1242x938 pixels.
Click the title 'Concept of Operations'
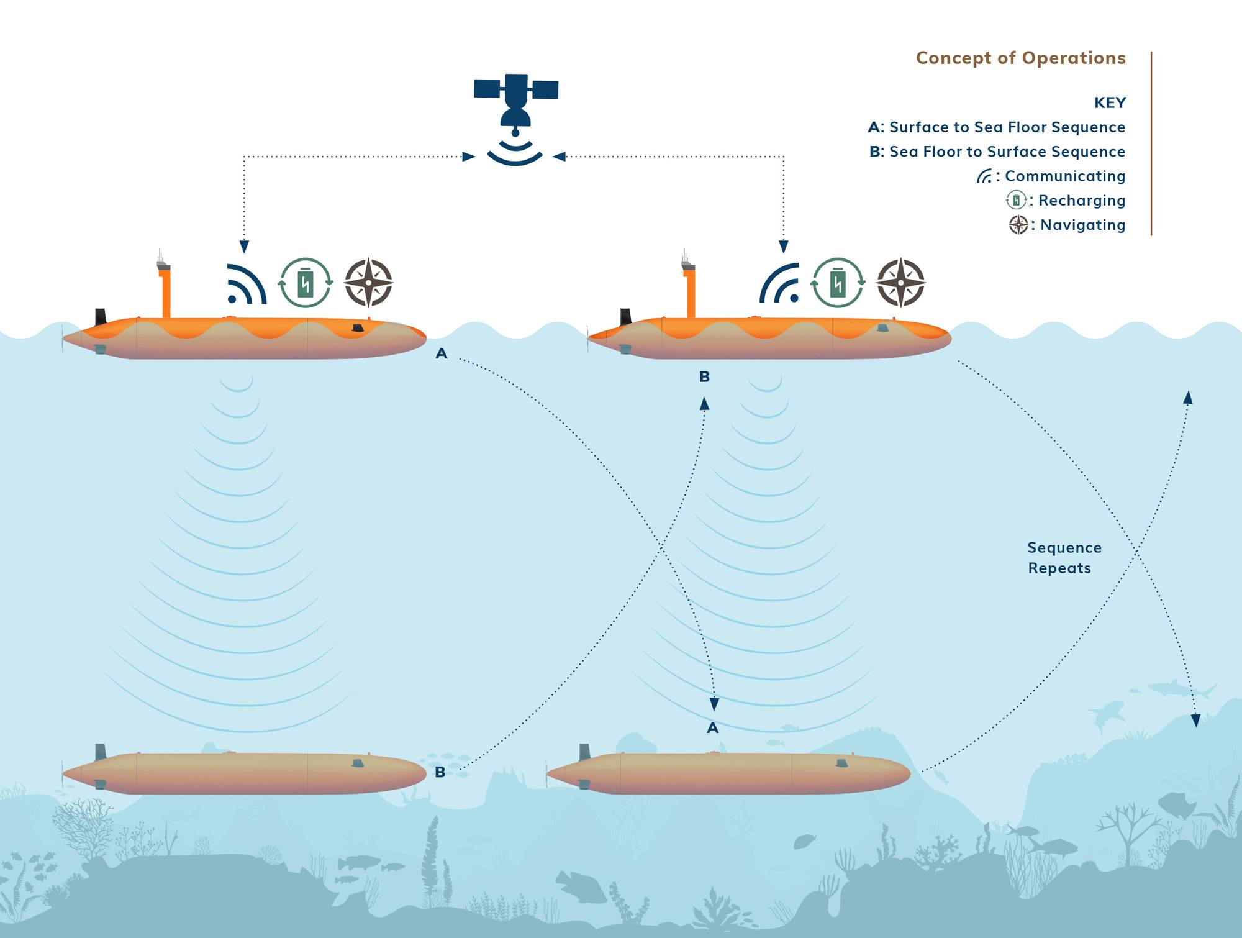pos(1020,58)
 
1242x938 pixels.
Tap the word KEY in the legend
pos(1110,102)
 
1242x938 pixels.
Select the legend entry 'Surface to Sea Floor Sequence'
pos(1007,127)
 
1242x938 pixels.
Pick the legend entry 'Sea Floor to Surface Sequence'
pos(1007,152)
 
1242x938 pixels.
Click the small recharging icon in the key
pos(1016,200)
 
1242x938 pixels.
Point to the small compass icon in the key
pos(1018,224)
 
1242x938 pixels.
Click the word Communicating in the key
pos(1065,176)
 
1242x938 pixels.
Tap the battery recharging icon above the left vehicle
pos(305,283)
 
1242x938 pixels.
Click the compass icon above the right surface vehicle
pos(901,283)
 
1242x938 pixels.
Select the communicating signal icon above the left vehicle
pos(247,284)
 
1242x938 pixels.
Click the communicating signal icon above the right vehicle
pos(779,283)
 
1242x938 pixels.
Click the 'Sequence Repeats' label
pos(1064,558)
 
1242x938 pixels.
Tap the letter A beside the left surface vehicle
pos(442,353)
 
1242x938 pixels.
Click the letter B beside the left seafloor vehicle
pos(440,772)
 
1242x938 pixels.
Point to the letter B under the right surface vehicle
pos(704,376)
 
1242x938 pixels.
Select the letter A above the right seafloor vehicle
pos(713,728)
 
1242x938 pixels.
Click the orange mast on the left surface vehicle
pos(166,293)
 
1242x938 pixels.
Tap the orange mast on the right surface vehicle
pos(690,293)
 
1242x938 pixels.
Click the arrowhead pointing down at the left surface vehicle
pos(244,247)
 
